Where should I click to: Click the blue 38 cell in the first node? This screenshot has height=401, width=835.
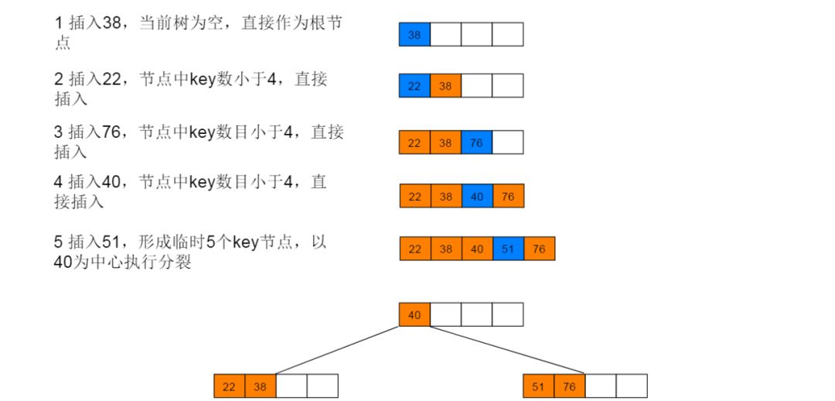414,34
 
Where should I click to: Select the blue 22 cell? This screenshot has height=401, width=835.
414,85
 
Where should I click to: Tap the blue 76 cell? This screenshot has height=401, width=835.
476,142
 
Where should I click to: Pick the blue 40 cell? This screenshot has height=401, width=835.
477,196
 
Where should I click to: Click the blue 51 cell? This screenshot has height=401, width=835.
508,248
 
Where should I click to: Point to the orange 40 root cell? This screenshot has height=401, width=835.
414,314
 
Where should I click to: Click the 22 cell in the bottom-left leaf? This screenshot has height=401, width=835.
229,386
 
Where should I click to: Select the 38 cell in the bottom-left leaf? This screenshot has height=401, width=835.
261,386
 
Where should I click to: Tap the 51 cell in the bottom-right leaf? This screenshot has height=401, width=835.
538,386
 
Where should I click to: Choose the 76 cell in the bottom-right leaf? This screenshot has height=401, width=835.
570,386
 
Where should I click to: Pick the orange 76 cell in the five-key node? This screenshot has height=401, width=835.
539,248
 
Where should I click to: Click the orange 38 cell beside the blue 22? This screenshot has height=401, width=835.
445,85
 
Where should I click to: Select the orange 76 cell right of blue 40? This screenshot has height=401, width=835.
508,196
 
